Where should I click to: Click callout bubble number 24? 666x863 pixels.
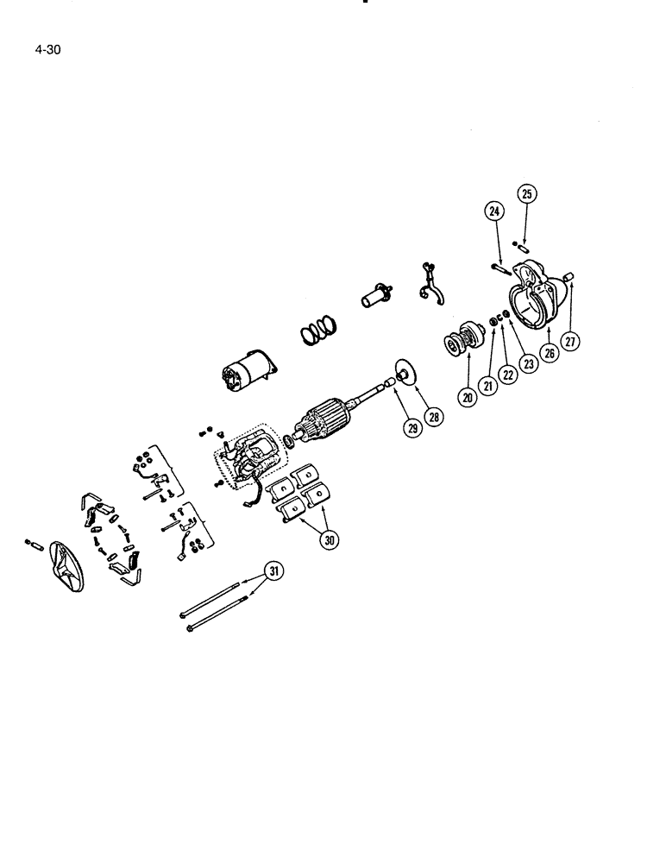click(493, 210)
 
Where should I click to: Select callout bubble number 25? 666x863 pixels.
click(527, 194)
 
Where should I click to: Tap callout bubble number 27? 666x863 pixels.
click(570, 339)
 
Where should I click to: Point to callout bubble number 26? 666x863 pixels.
click(547, 351)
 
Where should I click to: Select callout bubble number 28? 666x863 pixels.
click(432, 416)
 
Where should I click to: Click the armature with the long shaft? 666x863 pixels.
click(328, 423)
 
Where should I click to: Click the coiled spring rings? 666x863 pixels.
click(318, 332)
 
